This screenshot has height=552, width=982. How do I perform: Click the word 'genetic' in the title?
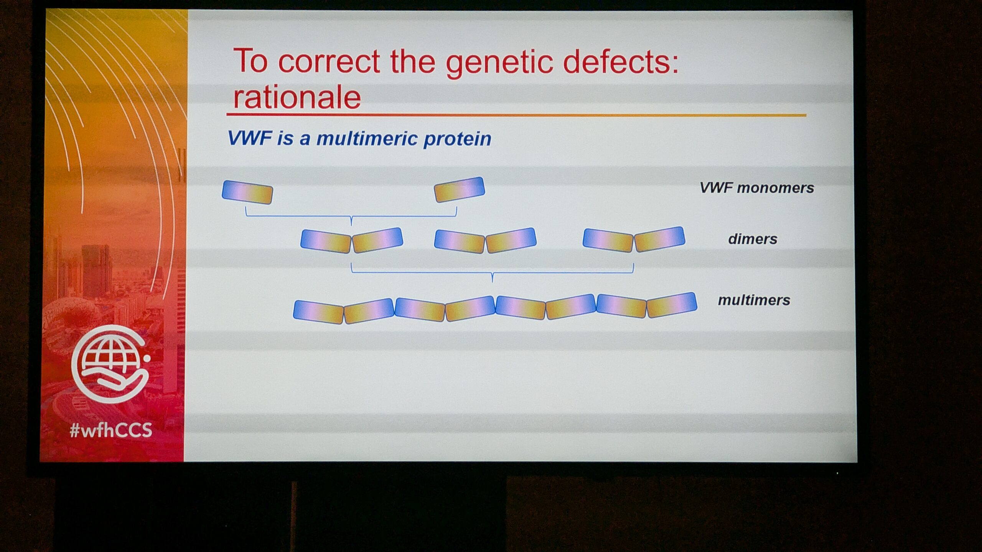499,63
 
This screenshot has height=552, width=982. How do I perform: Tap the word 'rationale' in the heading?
297,97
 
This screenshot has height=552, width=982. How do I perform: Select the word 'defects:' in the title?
621,61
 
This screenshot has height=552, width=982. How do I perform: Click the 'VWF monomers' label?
757,188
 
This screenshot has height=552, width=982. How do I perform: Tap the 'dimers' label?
753,239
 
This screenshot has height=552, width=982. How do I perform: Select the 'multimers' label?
754,300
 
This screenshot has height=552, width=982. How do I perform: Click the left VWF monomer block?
247,192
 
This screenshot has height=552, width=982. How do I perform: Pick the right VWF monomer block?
459,189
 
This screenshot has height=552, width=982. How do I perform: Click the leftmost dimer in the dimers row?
352,241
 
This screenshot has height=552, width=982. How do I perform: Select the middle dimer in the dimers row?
485,241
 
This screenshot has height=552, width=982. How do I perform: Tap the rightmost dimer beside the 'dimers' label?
634,240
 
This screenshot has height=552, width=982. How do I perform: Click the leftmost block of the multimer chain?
318,312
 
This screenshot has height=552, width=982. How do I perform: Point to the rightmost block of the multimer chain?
672,305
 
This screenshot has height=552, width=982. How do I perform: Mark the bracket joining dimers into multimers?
493,273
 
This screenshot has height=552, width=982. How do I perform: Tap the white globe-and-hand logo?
110,364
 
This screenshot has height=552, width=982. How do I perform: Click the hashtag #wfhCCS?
111,430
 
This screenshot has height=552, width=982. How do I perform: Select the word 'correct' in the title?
329,61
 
